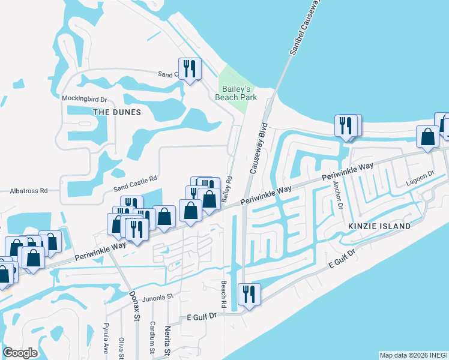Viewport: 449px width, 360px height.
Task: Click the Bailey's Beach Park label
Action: (236, 92)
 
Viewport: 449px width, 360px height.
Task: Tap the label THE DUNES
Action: (117, 112)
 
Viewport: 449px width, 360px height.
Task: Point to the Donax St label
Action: (135, 307)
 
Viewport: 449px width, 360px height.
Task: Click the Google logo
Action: (20, 353)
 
